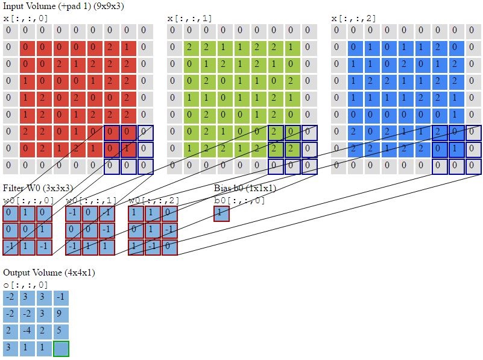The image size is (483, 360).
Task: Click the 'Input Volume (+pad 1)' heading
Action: (63, 6)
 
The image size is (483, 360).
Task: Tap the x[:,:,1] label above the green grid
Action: (189, 19)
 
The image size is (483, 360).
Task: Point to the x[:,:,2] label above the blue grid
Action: (353, 19)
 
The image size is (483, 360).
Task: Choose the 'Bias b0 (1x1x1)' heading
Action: (245, 189)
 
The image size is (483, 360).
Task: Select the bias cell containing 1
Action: (221, 213)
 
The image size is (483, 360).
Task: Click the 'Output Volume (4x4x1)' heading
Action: (49, 273)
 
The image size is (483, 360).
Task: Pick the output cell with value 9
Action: (60, 315)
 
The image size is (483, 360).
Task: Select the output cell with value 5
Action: (60, 332)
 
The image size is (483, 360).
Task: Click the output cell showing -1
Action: (60, 298)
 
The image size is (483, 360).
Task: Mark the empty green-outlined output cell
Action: (60, 349)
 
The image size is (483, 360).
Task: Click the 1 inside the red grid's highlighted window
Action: (128, 148)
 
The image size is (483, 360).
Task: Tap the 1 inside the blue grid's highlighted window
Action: (456, 148)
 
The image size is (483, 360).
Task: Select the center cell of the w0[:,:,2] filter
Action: (153, 230)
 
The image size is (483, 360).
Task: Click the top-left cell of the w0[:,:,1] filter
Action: (74, 213)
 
